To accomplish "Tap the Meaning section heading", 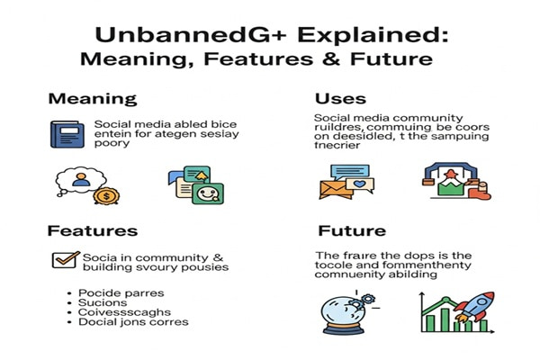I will pyautogui.click(x=93, y=99).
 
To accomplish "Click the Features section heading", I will pyautogui.click(x=94, y=231).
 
